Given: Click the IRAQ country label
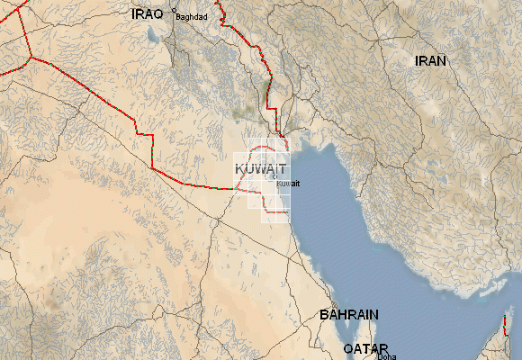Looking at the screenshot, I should (x=147, y=13).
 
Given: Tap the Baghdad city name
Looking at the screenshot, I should (x=192, y=17).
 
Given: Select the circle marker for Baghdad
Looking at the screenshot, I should (x=175, y=11).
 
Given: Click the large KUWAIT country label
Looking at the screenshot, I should (x=260, y=169).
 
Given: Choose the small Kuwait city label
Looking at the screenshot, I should (x=287, y=184).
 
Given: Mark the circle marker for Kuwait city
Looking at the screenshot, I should (x=275, y=181).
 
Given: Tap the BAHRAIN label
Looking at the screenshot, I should (x=349, y=315).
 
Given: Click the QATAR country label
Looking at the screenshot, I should (x=365, y=348).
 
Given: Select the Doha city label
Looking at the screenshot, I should (x=386, y=356).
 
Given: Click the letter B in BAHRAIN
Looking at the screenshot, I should (x=325, y=315).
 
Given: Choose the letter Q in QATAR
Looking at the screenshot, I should (x=347, y=348).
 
